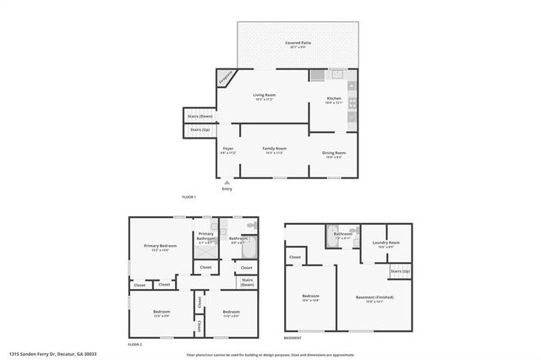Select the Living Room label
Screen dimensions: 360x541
click(x=265, y=95)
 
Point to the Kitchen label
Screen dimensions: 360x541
click(x=334, y=100)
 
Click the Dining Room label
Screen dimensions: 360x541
click(x=334, y=152)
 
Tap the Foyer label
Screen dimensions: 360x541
click(x=228, y=149)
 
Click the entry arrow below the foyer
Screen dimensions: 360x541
click(x=227, y=181)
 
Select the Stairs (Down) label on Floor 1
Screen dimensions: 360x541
click(x=200, y=116)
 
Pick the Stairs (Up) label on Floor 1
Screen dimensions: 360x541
click(x=200, y=129)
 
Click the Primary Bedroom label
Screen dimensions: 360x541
click(x=154, y=246)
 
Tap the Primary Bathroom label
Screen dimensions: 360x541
click(x=205, y=237)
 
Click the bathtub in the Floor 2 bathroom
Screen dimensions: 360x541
click(x=247, y=250)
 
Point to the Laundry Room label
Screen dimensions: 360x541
click(x=385, y=243)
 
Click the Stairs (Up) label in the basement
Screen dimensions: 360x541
click(x=400, y=270)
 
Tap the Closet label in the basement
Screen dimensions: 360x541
click(x=295, y=257)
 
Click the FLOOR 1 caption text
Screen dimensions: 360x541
click(x=189, y=197)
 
